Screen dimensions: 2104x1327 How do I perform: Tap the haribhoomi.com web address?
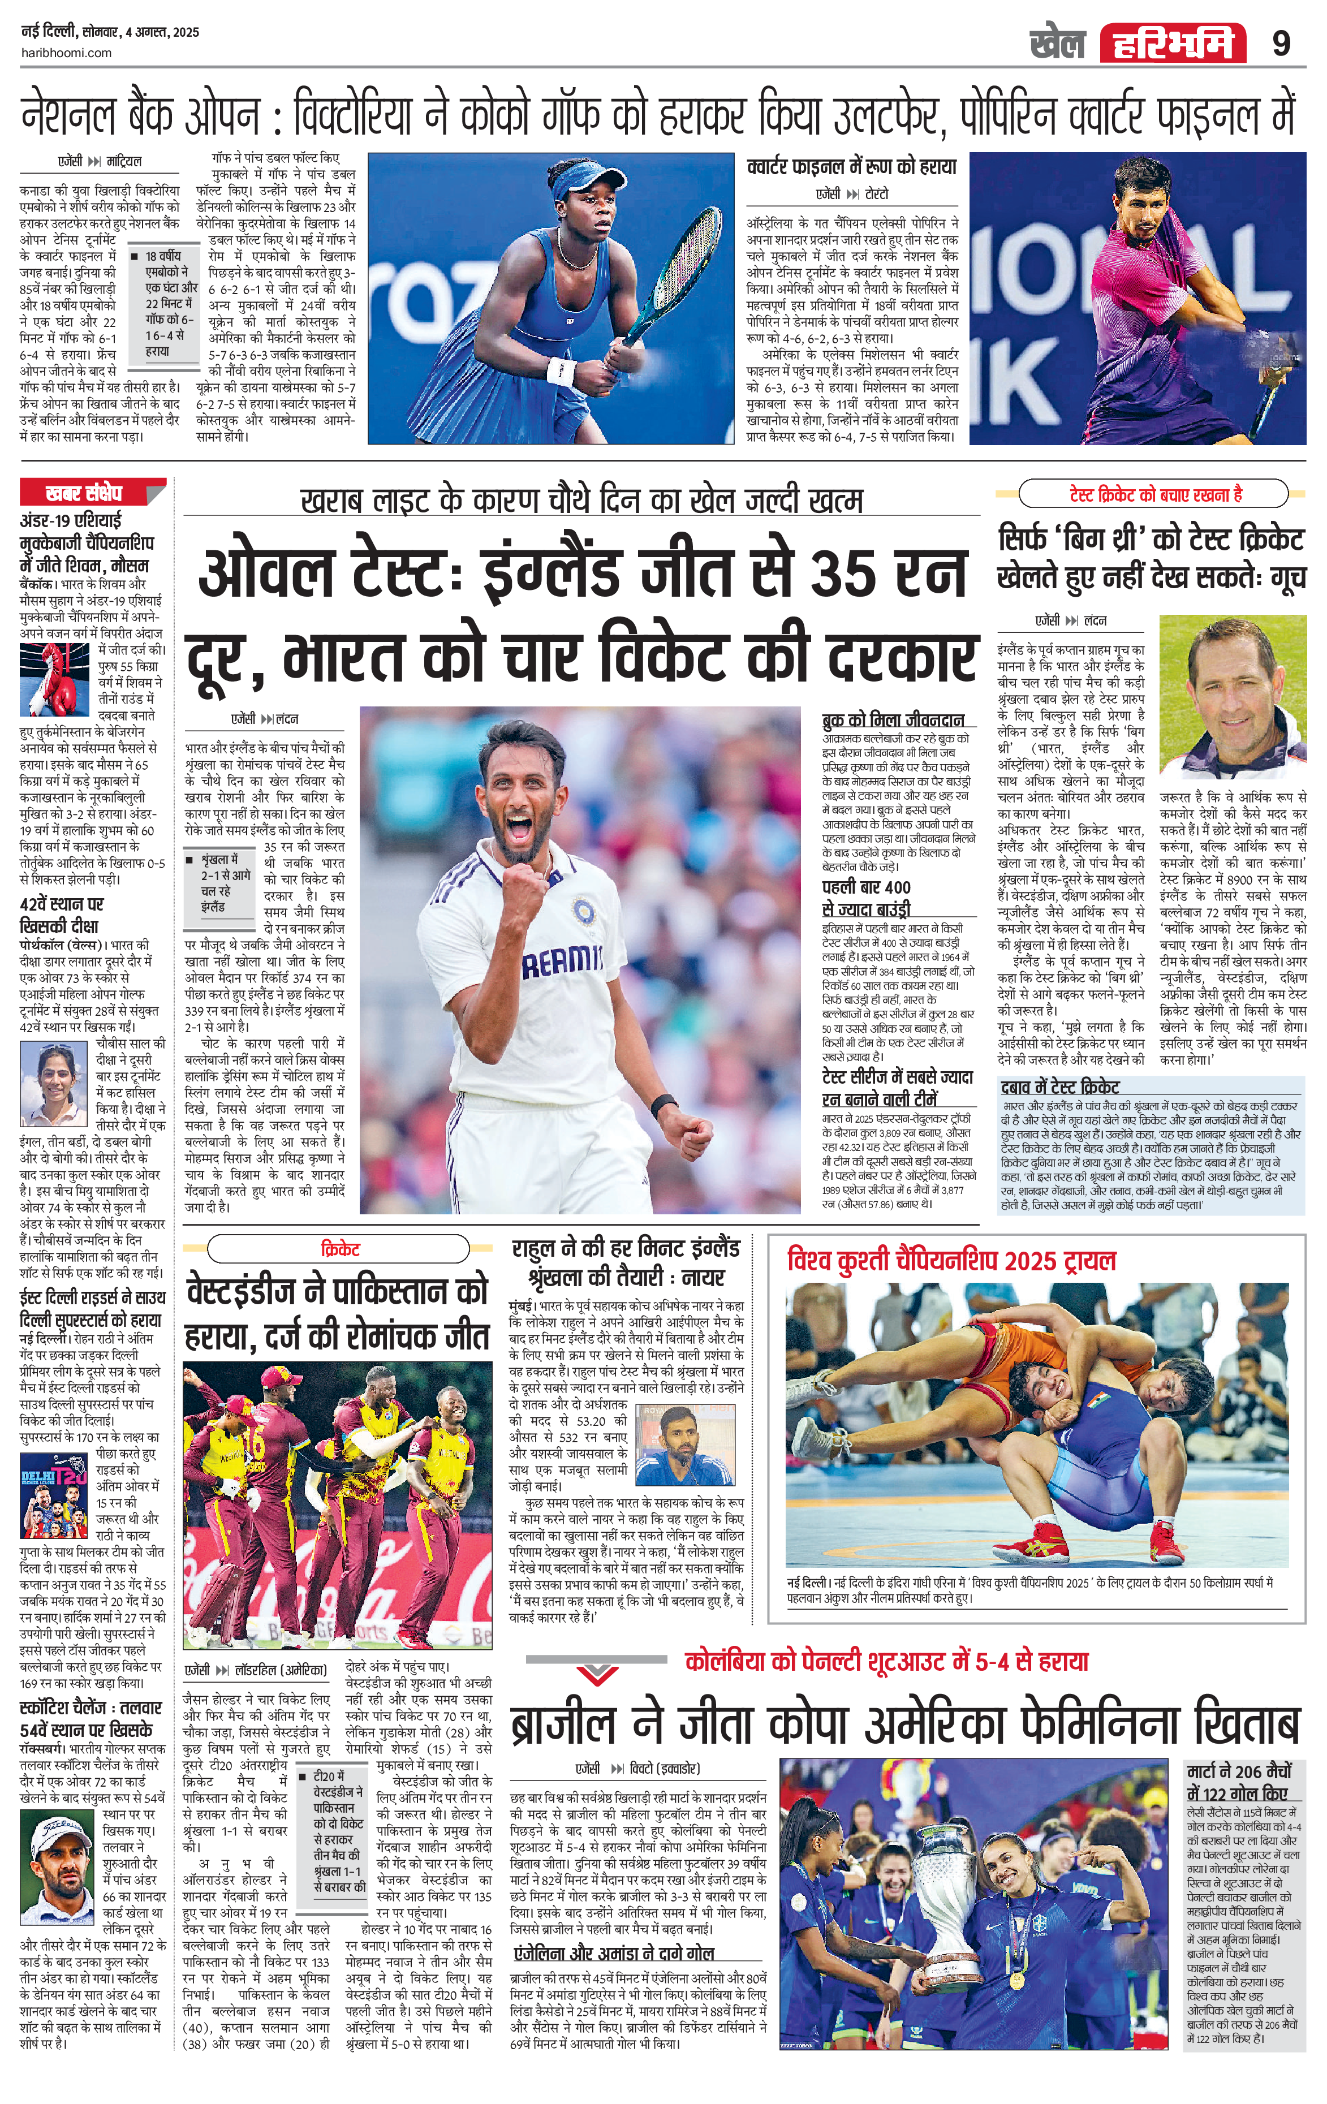tap(66, 53)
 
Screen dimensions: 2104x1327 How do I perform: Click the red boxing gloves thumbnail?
tap(55, 679)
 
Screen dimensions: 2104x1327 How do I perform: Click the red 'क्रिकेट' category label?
tap(340, 1249)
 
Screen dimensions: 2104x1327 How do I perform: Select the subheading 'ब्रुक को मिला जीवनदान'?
tap(893, 720)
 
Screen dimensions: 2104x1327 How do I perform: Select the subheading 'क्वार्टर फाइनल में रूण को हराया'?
tap(851, 166)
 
